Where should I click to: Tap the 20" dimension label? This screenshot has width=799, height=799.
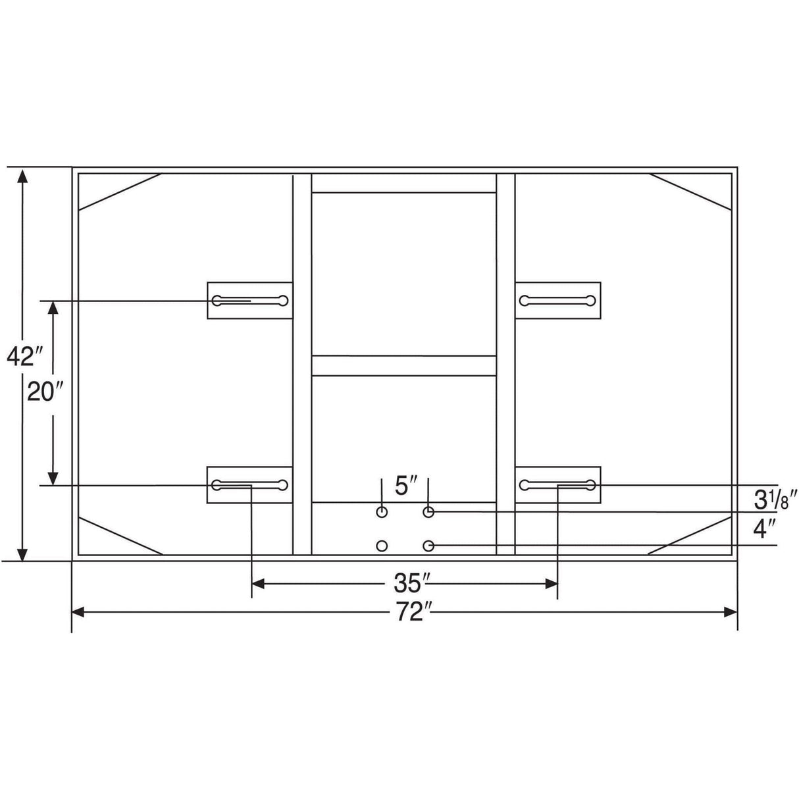[x=46, y=392]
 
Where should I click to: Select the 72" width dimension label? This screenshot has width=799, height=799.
[x=415, y=612]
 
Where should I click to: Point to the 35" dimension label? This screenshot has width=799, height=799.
[x=409, y=584]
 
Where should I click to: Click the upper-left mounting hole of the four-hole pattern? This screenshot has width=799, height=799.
[x=382, y=513]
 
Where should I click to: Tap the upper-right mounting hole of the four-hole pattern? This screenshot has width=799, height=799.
[x=428, y=513]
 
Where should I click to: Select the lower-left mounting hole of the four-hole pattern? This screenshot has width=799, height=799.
[x=382, y=546]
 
